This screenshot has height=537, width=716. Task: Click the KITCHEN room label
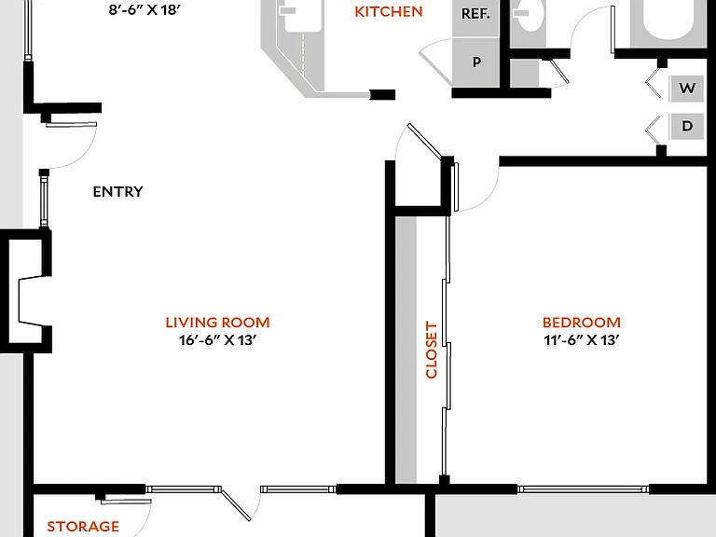389,12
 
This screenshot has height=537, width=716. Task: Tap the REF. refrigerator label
475,14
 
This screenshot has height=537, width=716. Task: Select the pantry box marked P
476,62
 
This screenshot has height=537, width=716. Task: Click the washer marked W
687,88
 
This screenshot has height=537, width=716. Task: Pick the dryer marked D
687,126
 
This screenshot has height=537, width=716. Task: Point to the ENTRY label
117,191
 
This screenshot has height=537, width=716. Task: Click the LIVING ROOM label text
217,323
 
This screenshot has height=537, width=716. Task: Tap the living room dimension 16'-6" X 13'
217,340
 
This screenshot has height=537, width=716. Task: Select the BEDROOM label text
582,323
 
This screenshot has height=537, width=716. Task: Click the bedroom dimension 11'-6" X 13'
582,340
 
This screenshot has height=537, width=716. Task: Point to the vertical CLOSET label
431,350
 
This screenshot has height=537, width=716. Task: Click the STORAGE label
83,526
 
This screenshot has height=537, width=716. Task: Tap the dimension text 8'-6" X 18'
145,9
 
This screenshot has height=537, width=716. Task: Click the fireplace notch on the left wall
31,300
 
